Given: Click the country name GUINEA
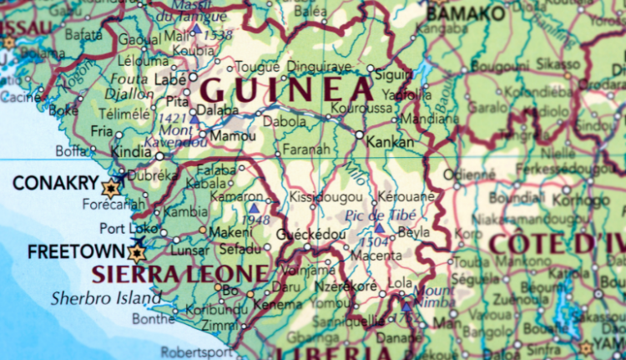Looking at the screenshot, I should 286,89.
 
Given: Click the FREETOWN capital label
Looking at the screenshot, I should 64,251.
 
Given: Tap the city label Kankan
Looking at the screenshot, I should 390,143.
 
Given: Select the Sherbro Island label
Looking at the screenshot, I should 105,297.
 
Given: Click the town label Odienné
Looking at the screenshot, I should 463,175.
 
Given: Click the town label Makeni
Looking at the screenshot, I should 230,232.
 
